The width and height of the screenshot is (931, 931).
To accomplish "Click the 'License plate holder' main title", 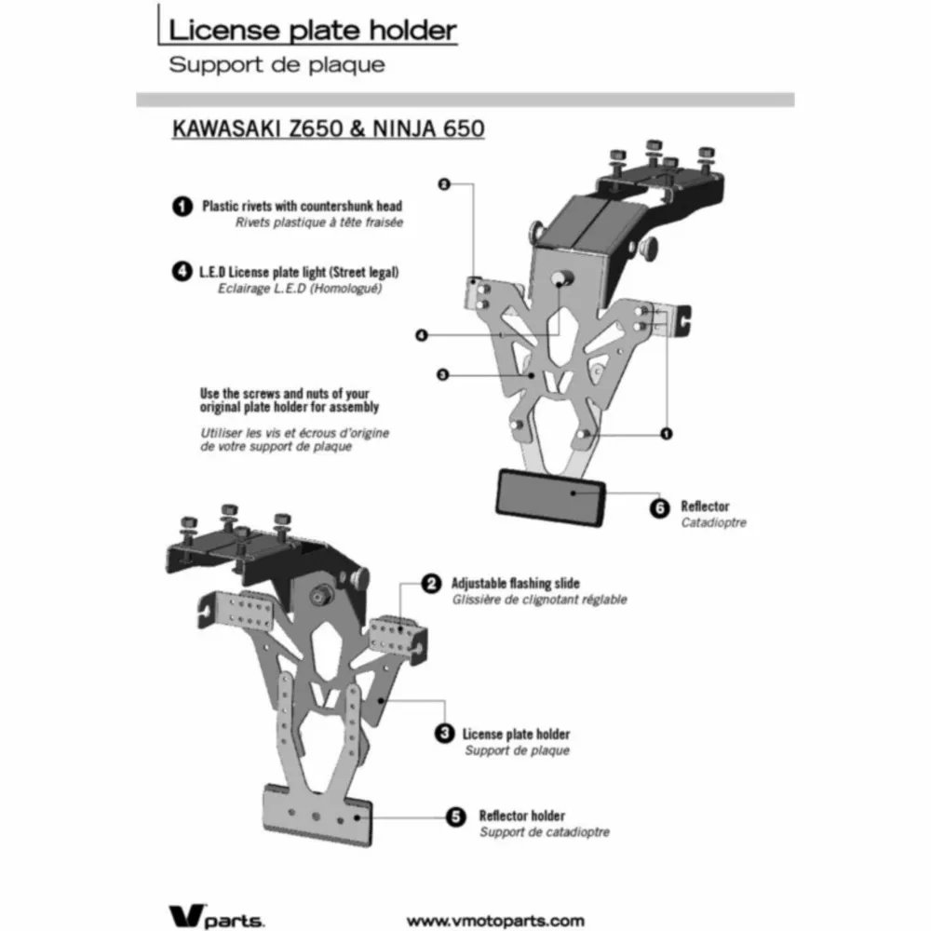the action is click(x=312, y=31).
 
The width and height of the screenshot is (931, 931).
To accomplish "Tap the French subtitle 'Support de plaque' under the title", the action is click(x=277, y=64).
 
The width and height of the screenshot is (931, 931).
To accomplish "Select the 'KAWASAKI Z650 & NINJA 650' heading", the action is click(x=329, y=128).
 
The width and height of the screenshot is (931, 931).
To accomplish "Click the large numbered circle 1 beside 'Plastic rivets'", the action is click(x=182, y=206).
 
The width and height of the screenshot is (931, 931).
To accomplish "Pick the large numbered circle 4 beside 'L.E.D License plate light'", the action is click(x=182, y=271).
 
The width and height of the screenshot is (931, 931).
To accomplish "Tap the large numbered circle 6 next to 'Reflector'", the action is click(x=660, y=508).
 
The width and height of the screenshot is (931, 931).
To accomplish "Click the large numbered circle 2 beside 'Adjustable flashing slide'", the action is click(x=431, y=583).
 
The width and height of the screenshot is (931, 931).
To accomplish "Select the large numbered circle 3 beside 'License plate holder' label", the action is click(x=444, y=734).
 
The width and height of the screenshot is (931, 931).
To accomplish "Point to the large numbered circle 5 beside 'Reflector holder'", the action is click(x=455, y=816).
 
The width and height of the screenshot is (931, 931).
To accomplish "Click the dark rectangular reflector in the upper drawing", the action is click(x=551, y=497).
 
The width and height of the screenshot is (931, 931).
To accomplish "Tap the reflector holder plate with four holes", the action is click(x=318, y=815).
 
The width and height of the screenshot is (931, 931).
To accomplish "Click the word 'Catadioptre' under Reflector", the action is click(x=714, y=522).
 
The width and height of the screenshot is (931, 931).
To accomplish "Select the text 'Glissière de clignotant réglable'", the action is click(x=540, y=600).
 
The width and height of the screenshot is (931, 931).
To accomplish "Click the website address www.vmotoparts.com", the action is click(x=496, y=921).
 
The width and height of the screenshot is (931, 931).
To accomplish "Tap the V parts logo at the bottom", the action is click(x=216, y=916).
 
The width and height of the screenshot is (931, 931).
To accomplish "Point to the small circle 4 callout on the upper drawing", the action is click(x=422, y=335).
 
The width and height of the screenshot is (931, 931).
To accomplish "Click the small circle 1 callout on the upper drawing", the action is click(x=667, y=434).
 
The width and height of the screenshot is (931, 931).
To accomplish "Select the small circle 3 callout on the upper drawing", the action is click(x=442, y=374).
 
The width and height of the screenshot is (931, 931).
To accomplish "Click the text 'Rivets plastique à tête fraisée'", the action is click(x=319, y=223).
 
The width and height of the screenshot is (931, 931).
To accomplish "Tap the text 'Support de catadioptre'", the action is click(x=545, y=832).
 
